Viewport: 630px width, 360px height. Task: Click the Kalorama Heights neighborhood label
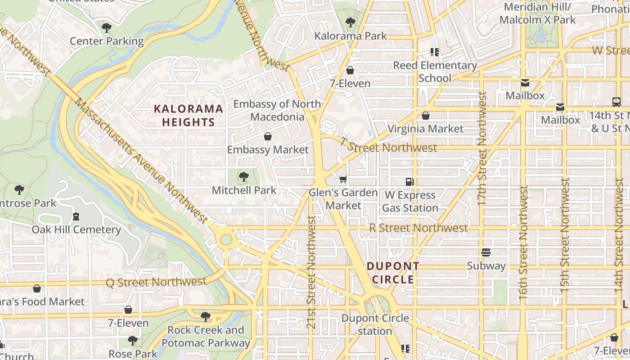click(x=189, y=115)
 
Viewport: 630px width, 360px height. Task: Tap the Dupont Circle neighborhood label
click(x=393, y=273)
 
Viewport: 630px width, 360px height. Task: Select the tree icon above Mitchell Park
click(x=243, y=177)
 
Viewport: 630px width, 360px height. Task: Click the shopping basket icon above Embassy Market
click(x=268, y=136)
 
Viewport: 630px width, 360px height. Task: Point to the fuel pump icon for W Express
click(x=409, y=182)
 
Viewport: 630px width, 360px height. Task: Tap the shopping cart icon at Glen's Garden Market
click(x=343, y=180)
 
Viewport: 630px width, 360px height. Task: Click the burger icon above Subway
click(x=486, y=252)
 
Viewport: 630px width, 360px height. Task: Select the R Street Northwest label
click(x=418, y=228)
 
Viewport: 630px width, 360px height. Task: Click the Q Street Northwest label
click(x=156, y=282)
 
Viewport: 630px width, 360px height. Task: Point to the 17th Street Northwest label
click(x=482, y=148)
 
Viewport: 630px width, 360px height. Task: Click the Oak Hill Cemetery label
click(x=76, y=229)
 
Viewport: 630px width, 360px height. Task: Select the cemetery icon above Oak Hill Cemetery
click(x=76, y=216)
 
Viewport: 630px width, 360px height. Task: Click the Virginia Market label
click(x=425, y=129)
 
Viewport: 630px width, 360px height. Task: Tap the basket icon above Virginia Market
click(x=425, y=116)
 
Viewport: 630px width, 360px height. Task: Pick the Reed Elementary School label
click(x=435, y=72)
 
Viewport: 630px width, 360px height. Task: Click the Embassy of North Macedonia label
click(x=277, y=110)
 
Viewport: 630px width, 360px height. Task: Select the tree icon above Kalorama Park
click(x=350, y=22)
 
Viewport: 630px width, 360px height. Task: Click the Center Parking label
click(x=107, y=41)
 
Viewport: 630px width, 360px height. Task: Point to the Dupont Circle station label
click(x=375, y=324)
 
